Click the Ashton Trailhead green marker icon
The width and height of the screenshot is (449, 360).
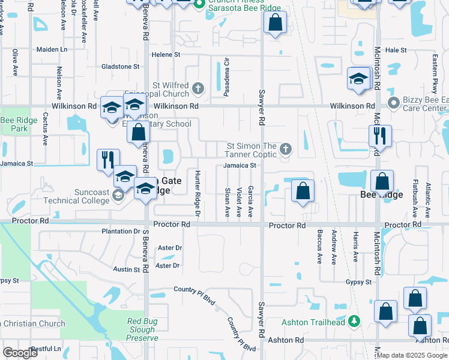click(354, 322)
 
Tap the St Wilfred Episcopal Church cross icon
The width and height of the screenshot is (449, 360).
click(199, 90)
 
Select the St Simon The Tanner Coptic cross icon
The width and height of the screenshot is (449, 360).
click(286, 149)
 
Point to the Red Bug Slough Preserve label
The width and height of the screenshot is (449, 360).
click(142, 329)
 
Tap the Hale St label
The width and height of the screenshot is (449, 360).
click(396, 50)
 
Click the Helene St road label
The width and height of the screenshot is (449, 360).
click(166, 55)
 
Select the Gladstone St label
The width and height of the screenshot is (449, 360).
click(120, 67)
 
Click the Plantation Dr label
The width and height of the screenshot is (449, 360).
click(121, 231)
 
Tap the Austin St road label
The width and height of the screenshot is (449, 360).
click(127, 270)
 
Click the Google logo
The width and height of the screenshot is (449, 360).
click(20, 353)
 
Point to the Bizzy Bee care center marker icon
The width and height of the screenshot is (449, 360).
click(394, 103)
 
